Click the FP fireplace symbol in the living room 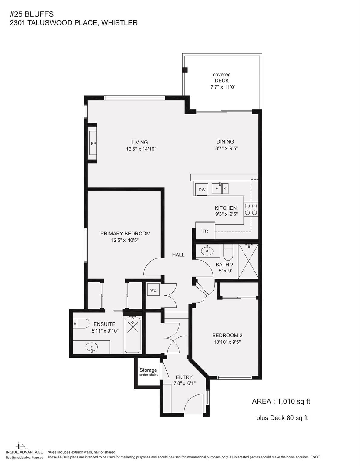coord(93,143)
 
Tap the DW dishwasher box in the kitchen coord(202,190)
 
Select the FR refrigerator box coord(205,231)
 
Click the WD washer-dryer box coord(153,290)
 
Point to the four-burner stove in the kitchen coord(251,209)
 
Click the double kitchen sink coord(220,188)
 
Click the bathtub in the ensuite coord(132,334)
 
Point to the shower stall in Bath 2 coord(248,261)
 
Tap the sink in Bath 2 coord(207,251)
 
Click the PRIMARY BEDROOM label coord(125,234)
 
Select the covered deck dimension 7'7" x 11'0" coord(223,87)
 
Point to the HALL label coord(178,255)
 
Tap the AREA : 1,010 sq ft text coord(281,401)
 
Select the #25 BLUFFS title coord(32,14)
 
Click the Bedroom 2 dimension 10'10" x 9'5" coord(227,342)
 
